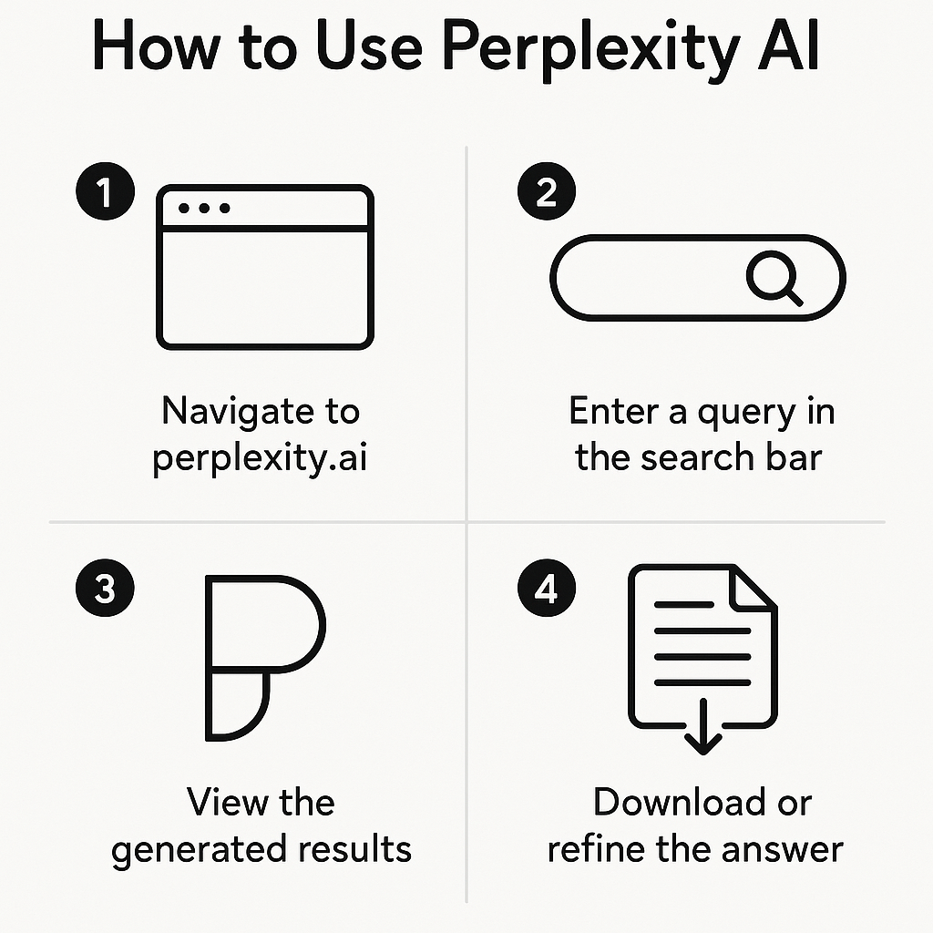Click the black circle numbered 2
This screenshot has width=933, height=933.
tap(546, 193)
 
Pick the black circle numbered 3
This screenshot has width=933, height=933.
tap(105, 590)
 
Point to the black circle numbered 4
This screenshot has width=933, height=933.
tap(546, 590)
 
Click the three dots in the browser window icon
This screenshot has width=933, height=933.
tap(204, 209)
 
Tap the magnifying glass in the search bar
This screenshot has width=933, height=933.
tap(774, 277)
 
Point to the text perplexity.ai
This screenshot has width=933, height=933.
tap(260, 456)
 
